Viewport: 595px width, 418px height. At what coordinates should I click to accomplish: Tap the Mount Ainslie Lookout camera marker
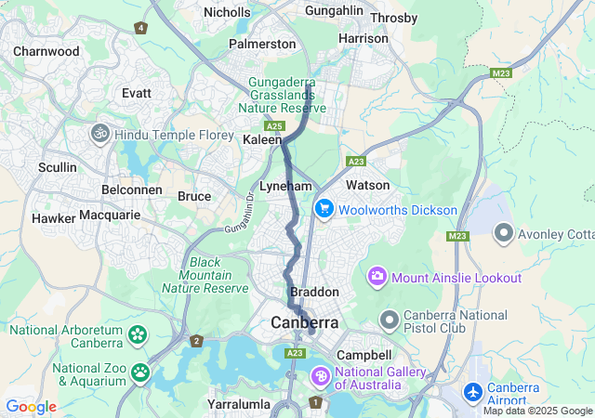(x=377, y=276)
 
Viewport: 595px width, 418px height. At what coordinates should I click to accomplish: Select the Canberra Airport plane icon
(x=473, y=393)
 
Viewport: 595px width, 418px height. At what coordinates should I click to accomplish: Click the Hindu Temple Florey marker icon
(x=99, y=134)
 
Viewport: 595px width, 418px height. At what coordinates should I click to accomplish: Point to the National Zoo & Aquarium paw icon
(x=139, y=372)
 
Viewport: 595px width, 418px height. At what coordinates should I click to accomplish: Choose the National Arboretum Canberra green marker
(x=138, y=333)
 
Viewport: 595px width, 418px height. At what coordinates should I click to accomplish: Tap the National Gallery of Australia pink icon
(x=320, y=377)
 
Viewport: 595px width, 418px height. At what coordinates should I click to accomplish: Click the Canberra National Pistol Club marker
(x=389, y=320)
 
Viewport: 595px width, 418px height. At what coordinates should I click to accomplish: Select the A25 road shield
(x=273, y=125)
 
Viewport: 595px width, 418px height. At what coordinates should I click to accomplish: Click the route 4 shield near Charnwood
(x=140, y=28)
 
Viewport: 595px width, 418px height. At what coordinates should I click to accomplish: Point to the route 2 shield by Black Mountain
(x=196, y=341)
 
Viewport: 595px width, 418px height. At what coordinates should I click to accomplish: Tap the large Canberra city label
(x=305, y=322)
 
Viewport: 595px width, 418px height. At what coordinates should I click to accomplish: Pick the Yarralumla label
(x=239, y=404)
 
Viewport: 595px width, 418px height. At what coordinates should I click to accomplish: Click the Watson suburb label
(x=367, y=185)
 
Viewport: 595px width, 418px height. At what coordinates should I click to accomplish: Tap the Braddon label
(x=314, y=292)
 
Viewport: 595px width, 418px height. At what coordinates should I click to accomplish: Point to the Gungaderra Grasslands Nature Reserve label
(x=287, y=96)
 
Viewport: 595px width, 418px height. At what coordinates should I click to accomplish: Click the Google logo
(x=31, y=406)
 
